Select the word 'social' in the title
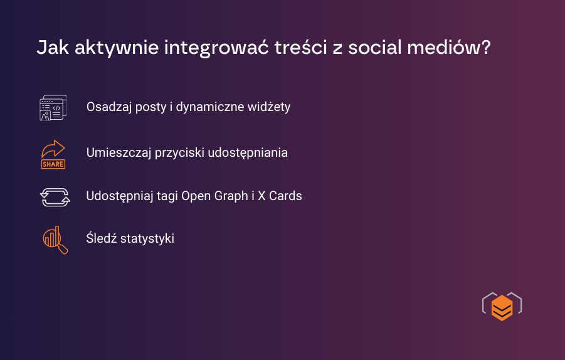376,49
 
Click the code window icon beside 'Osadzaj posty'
53,108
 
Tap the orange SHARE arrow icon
53,154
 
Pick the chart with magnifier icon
55,240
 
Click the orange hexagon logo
502,307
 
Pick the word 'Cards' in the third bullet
285,196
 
